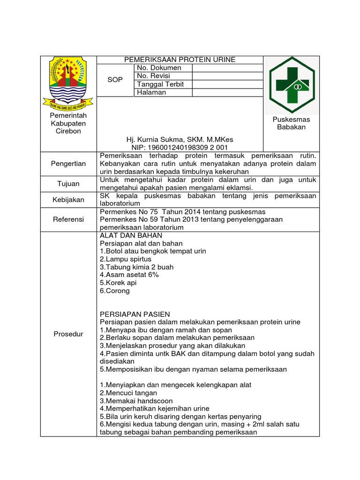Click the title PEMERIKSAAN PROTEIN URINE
point(180,60)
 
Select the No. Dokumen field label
point(159,68)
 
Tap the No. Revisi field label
point(154,76)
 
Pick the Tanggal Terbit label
point(160,84)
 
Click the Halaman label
point(151,92)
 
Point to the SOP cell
point(115,80)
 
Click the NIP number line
point(180,147)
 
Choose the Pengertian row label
point(68,164)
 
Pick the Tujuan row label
point(68,184)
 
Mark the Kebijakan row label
point(68,200)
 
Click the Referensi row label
point(68,219)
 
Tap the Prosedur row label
point(68,334)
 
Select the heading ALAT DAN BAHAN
point(131,235)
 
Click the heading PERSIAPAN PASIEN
point(135,314)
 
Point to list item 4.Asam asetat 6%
point(129,275)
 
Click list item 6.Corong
point(115,291)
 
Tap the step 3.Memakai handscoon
point(136,401)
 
